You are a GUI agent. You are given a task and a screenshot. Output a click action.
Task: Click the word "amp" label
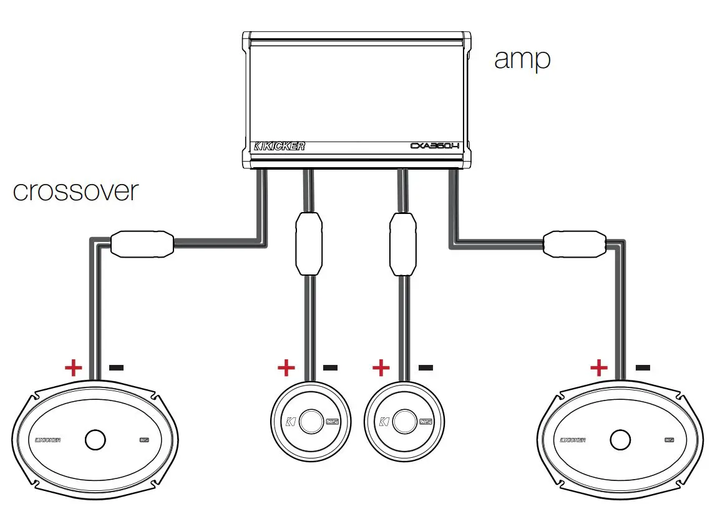pos(522,59)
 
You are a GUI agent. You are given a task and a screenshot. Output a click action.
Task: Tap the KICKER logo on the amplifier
pos(280,147)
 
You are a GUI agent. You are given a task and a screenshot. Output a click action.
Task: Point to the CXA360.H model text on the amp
pos(435,147)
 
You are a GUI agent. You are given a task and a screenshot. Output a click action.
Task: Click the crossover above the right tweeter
pos(402,243)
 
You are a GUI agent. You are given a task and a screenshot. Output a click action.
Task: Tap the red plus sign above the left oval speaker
pos(73,367)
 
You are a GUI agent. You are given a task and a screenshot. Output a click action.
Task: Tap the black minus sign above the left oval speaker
pos(116,367)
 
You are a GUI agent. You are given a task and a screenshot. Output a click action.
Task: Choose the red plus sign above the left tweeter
pos(286,367)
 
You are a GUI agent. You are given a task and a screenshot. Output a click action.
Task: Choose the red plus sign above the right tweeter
pos(381,367)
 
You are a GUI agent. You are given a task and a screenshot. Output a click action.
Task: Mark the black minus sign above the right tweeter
pos(425,367)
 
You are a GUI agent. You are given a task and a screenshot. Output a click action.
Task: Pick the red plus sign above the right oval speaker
pos(599,367)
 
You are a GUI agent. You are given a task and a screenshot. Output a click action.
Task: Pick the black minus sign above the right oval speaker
pos(643,367)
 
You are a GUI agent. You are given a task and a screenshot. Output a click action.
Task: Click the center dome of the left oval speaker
pos(95,440)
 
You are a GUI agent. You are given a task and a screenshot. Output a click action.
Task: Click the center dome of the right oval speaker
pos(620,440)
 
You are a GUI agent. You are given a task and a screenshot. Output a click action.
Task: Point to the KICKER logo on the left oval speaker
pos(48,440)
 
